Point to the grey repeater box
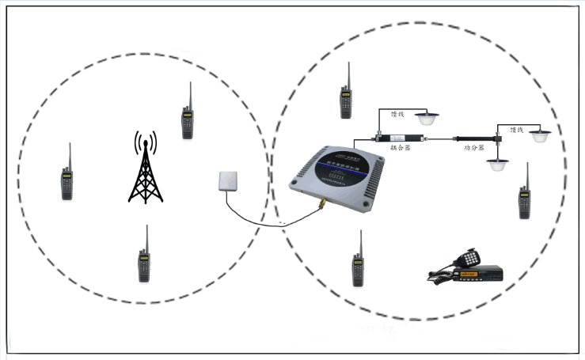[336, 175]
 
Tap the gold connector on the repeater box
[323, 207]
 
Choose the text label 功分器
[473, 148]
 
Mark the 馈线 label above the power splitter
[517, 129]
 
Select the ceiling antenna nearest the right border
[541, 136]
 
